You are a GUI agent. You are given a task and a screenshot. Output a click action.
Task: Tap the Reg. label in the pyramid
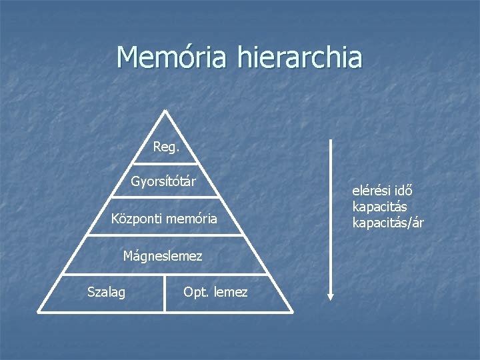coord(166,147)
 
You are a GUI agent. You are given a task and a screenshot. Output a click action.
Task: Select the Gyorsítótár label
coord(163,181)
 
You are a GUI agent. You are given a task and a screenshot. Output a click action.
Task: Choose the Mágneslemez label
coord(163,255)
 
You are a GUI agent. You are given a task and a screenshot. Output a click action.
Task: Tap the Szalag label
coord(106,292)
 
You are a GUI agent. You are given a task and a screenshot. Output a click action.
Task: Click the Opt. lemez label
coord(215,292)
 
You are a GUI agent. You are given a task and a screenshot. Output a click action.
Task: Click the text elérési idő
coord(382,191)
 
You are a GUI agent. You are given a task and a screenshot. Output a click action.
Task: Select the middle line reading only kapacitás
coord(379,207)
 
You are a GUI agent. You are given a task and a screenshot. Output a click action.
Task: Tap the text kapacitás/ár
coord(387,223)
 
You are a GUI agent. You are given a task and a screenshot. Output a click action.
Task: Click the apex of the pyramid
coord(165,112)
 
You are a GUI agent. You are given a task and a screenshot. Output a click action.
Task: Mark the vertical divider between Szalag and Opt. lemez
coord(165,293)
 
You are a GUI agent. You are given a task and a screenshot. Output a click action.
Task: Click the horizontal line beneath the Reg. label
coord(165,163)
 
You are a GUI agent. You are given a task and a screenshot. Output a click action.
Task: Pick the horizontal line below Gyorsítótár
coord(165,197)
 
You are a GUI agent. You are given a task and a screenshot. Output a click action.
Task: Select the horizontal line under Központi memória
coord(165,235)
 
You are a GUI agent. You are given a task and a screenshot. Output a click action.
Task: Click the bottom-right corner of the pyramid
coord(291,311)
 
